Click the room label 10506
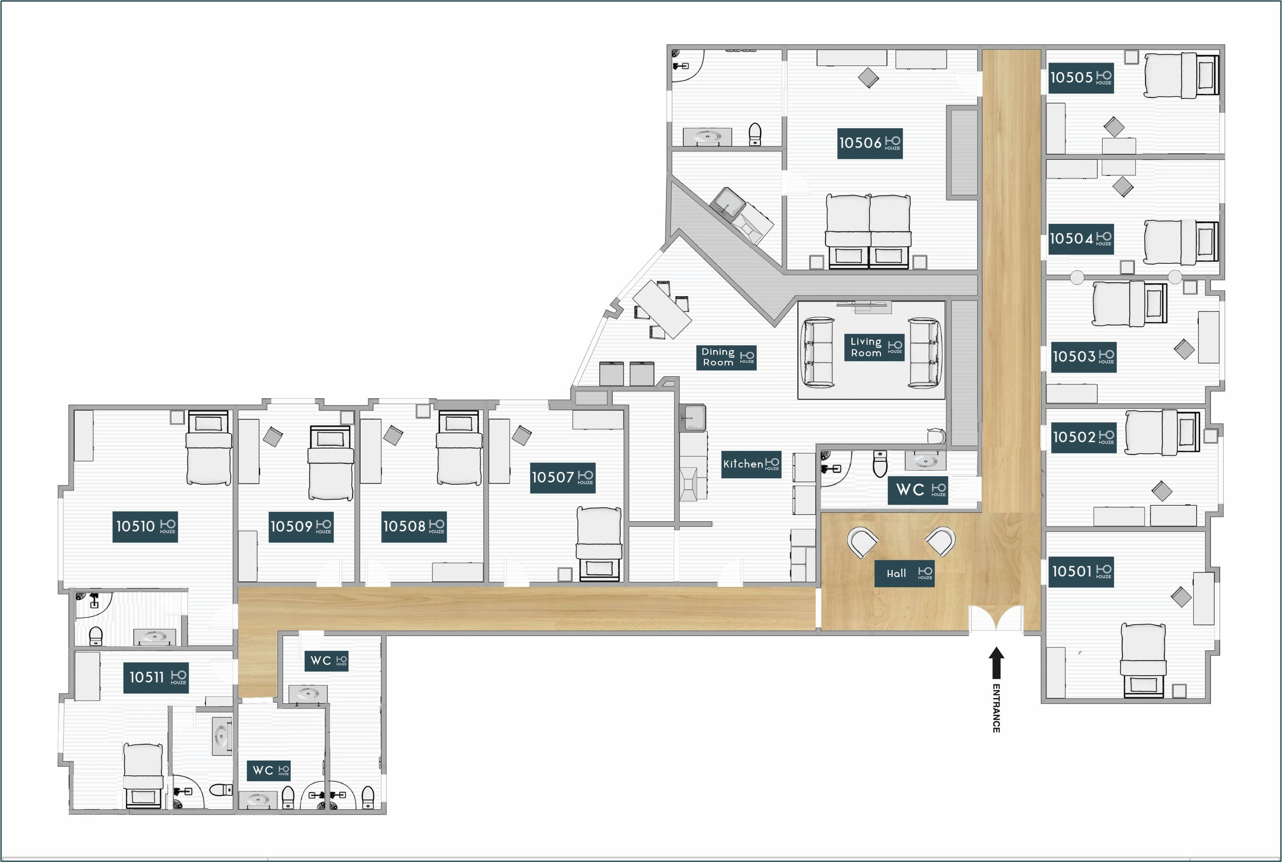870,144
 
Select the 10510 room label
145,527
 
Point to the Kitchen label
751,464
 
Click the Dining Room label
726,357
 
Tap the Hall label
904,573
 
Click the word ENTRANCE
996,708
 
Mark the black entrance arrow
996,662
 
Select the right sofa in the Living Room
924,352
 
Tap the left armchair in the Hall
862,542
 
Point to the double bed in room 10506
869,231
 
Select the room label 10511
156,677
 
